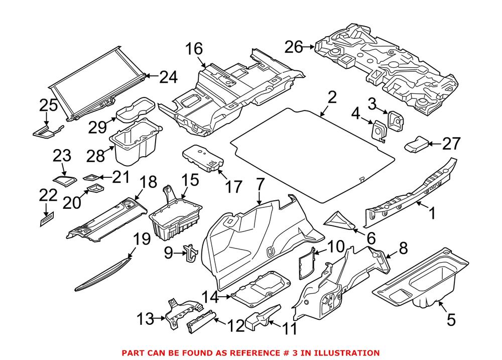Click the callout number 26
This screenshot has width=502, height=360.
coord(294,47)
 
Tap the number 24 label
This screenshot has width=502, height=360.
coord(169,77)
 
